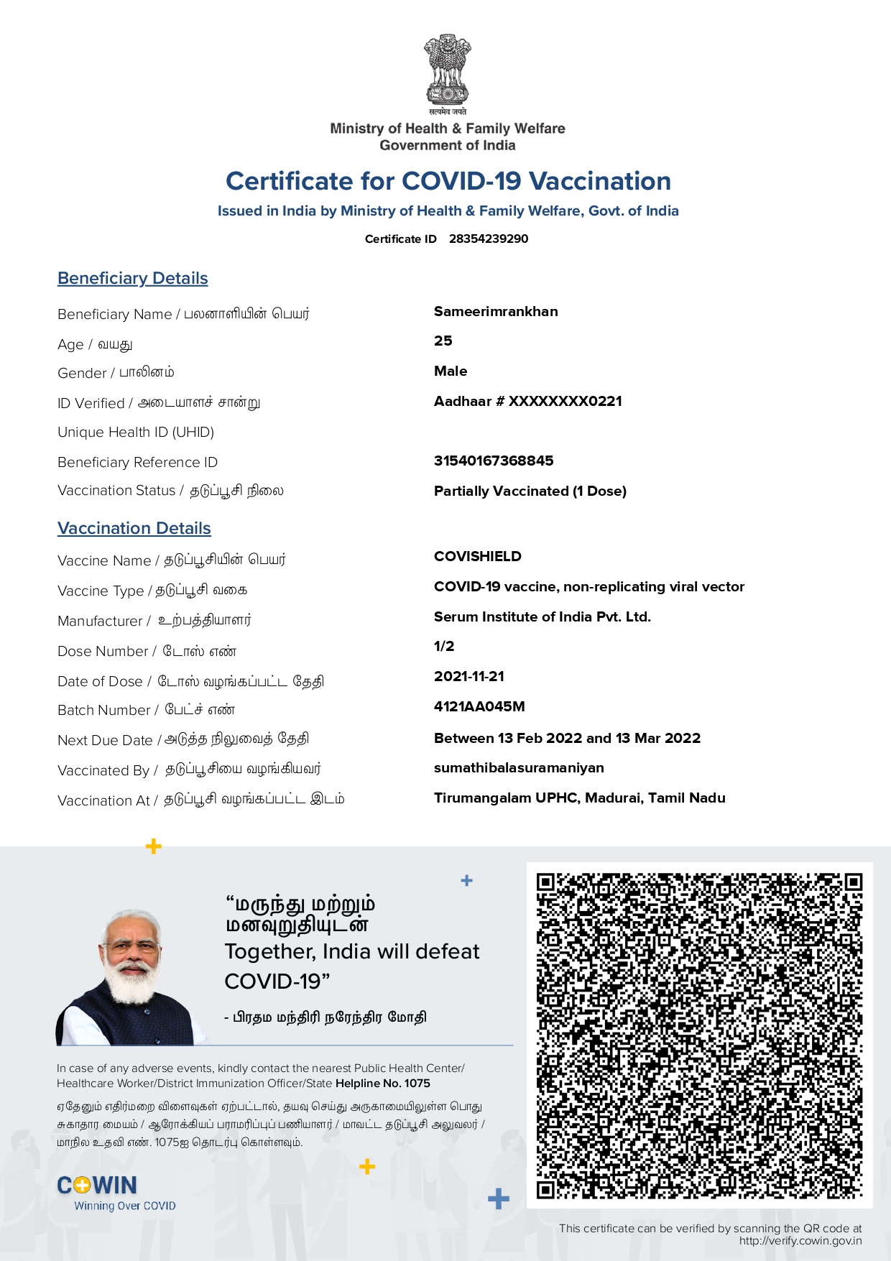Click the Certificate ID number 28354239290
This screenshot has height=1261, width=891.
pos(489,239)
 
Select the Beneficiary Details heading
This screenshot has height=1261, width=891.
pos(133,278)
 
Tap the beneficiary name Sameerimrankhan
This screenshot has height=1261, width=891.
pos(496,311)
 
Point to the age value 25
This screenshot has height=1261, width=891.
pos(443,341)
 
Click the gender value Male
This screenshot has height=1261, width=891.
pos(451,371)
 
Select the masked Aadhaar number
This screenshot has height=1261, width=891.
pos(528,401)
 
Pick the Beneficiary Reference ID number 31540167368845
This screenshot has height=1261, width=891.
pos(494,461)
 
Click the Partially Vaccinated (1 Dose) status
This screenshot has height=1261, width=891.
pos(530,491)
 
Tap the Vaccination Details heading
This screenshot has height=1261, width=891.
pos(134,528)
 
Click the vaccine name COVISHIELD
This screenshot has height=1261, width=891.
pos(478,556)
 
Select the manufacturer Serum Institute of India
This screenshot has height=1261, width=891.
pos(543,616)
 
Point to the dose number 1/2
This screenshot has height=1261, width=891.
pos(444,646)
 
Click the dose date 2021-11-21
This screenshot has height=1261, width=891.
pos(469,676)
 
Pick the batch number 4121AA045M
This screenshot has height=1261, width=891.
pos(479,706)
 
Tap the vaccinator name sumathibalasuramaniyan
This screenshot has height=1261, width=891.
pos(519,767)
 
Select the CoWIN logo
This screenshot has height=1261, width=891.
pos(97,1186)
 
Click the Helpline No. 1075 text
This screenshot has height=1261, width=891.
pos(383,1084)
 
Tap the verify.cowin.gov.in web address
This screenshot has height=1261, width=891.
pos(800,1241)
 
